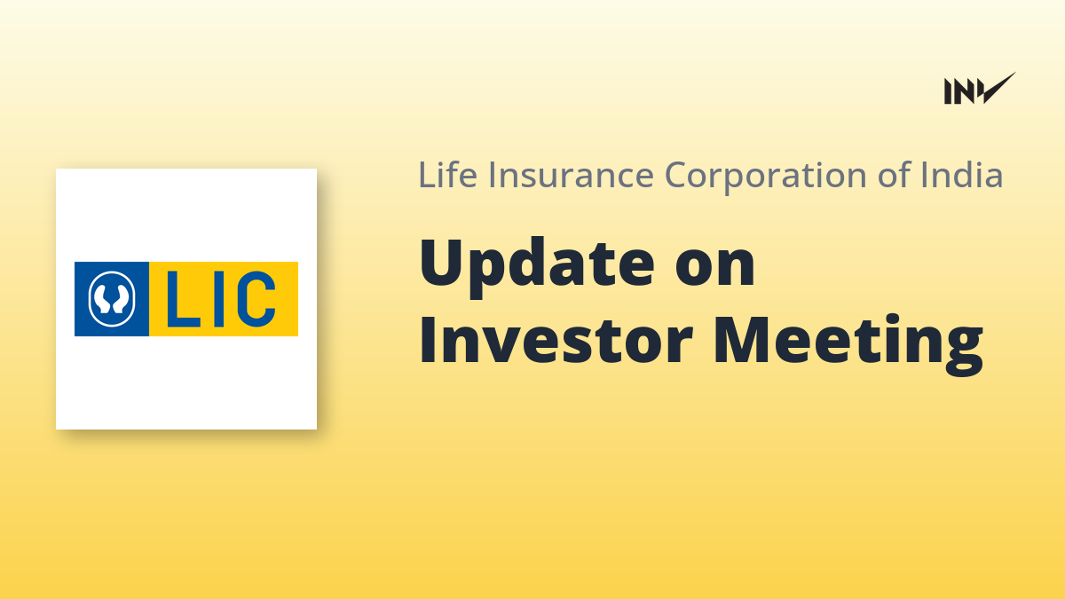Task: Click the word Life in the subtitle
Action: point(447,175)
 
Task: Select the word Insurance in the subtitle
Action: point(572,175)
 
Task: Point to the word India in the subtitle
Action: point(962,175)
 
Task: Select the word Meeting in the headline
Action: point(848,344)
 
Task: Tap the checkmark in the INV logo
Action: point(998,88)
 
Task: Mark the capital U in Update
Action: point(444,262)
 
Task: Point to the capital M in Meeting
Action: point(742,339)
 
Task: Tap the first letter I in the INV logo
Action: point(948,91)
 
